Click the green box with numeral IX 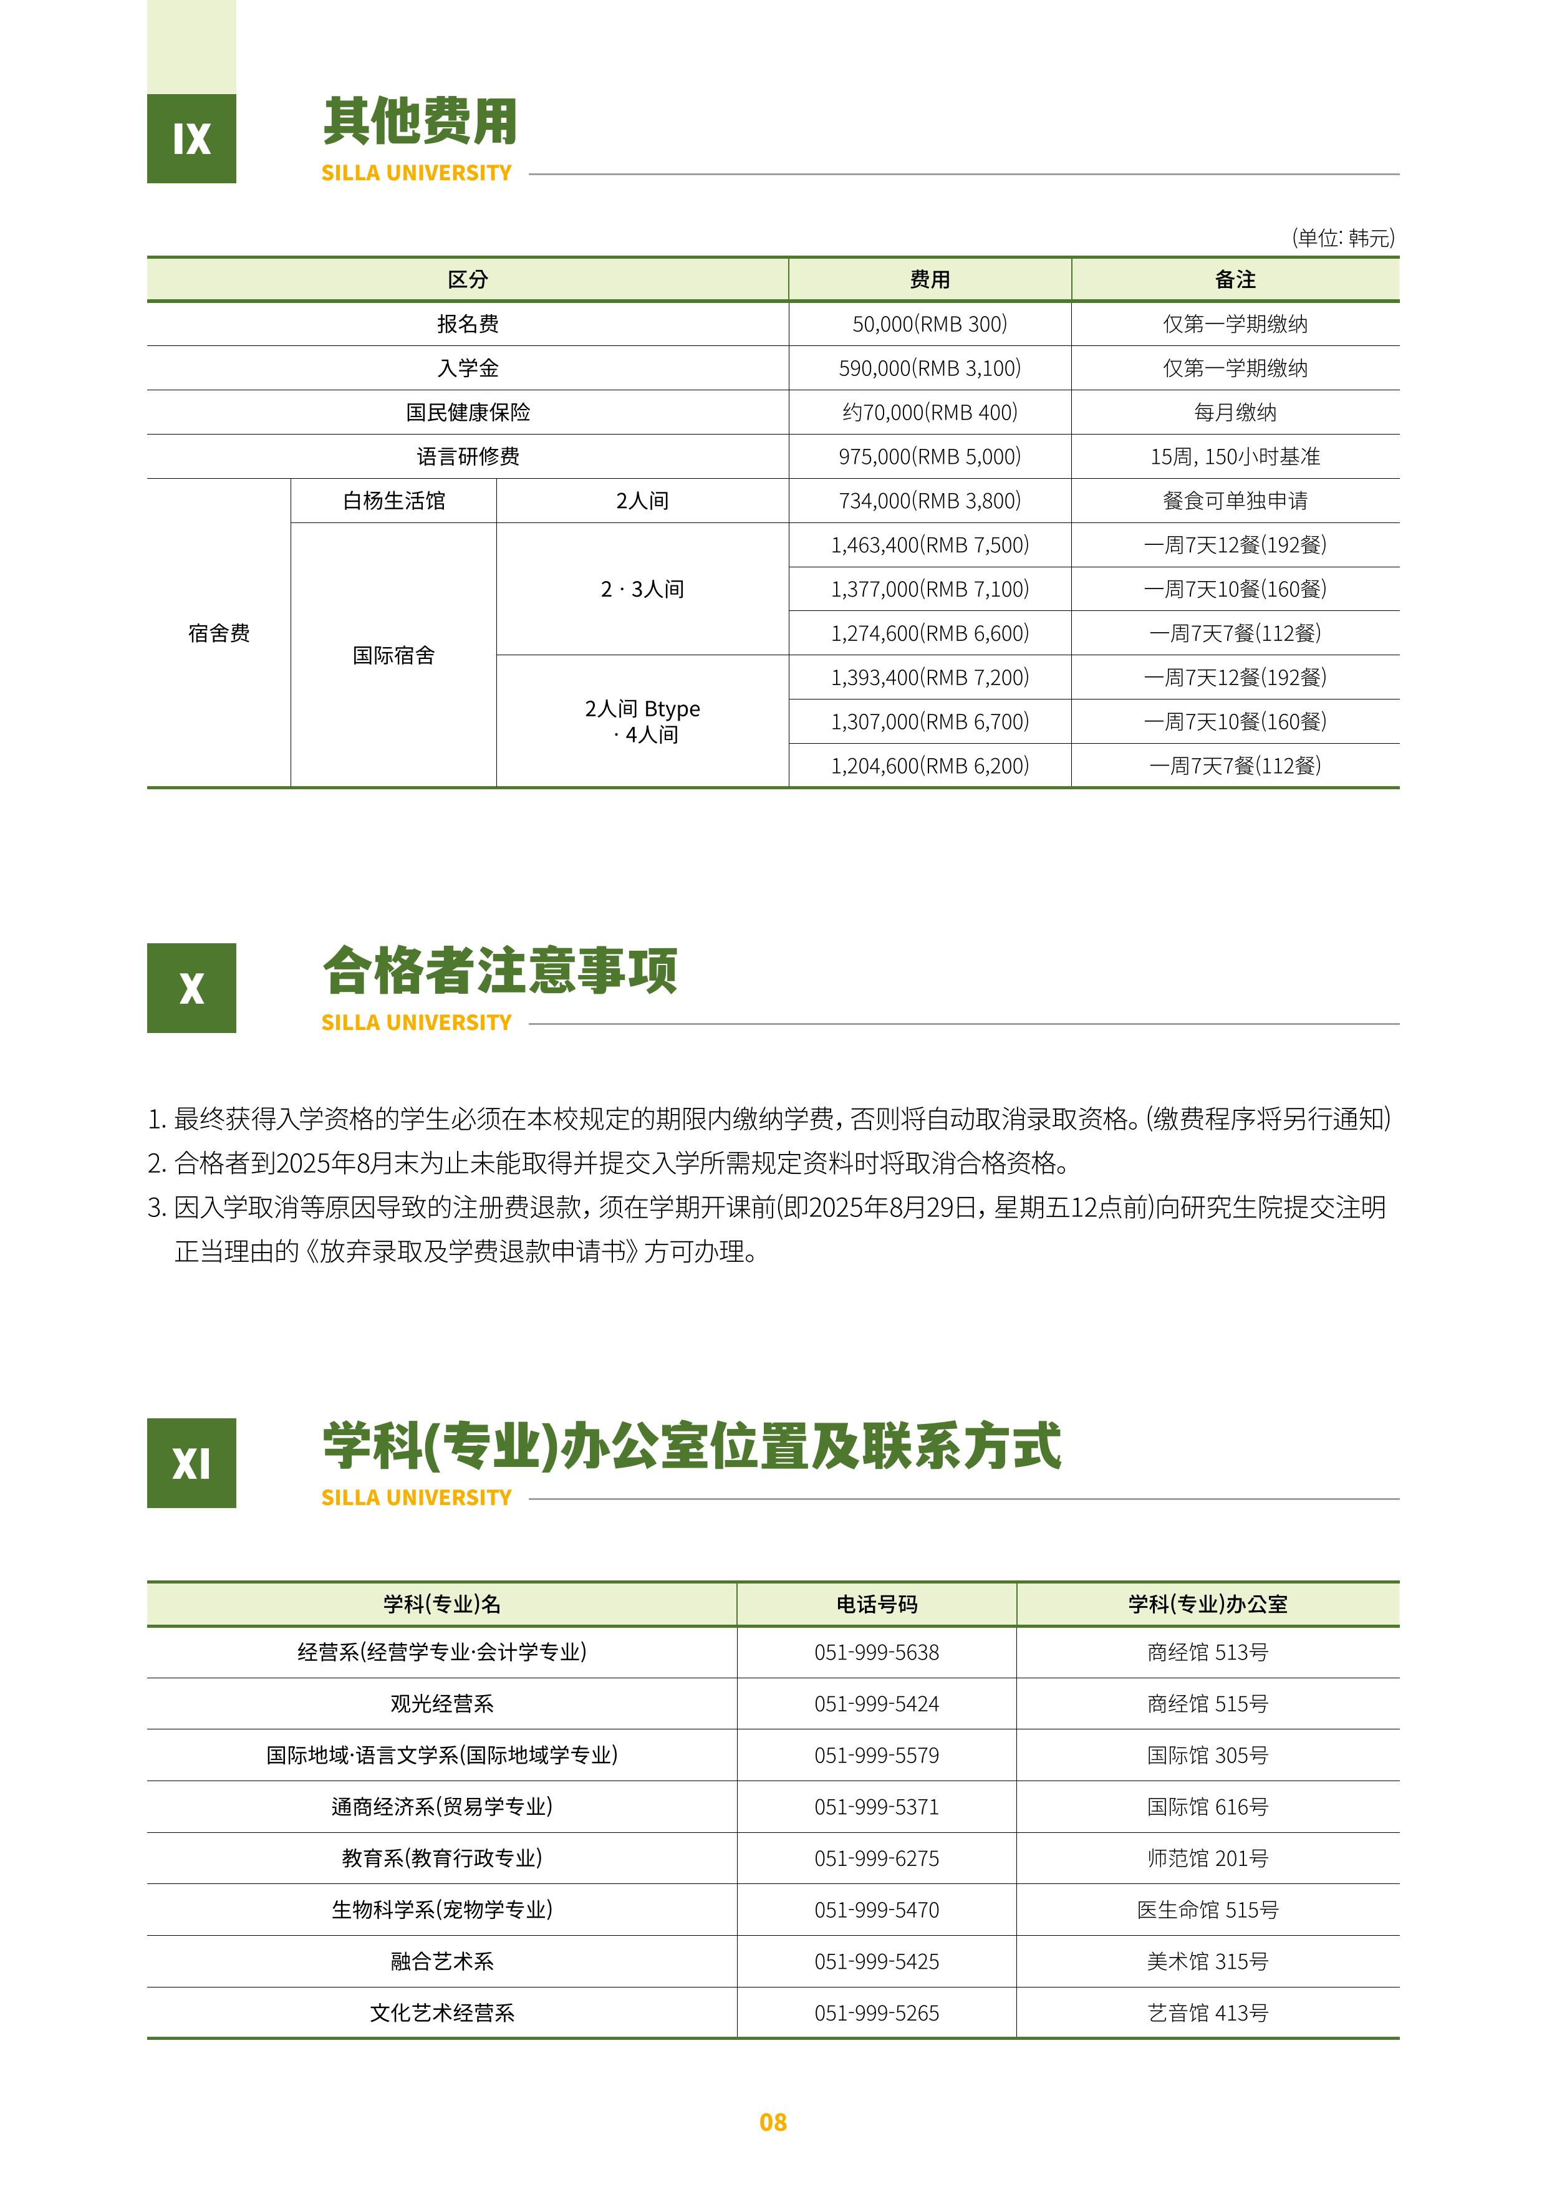pos(191,139)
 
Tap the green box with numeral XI pos(191,1463)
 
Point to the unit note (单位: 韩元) pos(1342,237)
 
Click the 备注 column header pos(1235,280)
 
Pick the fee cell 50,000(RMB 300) pos(929,324)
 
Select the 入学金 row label pos(468,368)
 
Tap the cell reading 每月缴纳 pos(1235,413)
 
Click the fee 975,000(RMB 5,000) pos(929,456)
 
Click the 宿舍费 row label pos(219,633)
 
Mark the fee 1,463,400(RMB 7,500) pos(929,545)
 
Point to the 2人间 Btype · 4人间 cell pos(642,721)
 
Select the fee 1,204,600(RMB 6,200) pos(929,766)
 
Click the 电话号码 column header pos(876,1604)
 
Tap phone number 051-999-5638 pos(876,1653)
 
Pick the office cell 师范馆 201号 pos(1207,1858)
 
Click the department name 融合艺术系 pos(442,1961)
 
